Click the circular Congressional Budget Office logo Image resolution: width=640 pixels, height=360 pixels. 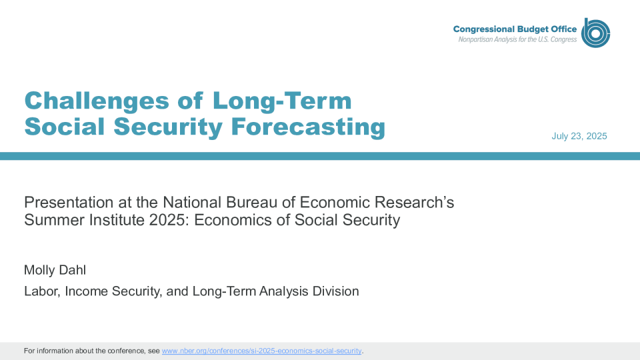tap(595, 33)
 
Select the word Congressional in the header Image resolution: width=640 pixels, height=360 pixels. tap(484, 29)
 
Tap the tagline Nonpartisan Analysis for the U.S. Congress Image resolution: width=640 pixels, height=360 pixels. tap(517, 39)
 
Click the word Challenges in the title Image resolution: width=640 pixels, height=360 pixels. tap(97, 101)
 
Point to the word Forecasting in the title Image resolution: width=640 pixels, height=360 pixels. tap(308, 127)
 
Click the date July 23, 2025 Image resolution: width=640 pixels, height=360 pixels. tap(579, 136)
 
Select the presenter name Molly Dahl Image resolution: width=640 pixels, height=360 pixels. tap(55, 270)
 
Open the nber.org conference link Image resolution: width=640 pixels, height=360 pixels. tap(261, 351)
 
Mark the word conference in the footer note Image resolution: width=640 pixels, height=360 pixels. tap(126, 351)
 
